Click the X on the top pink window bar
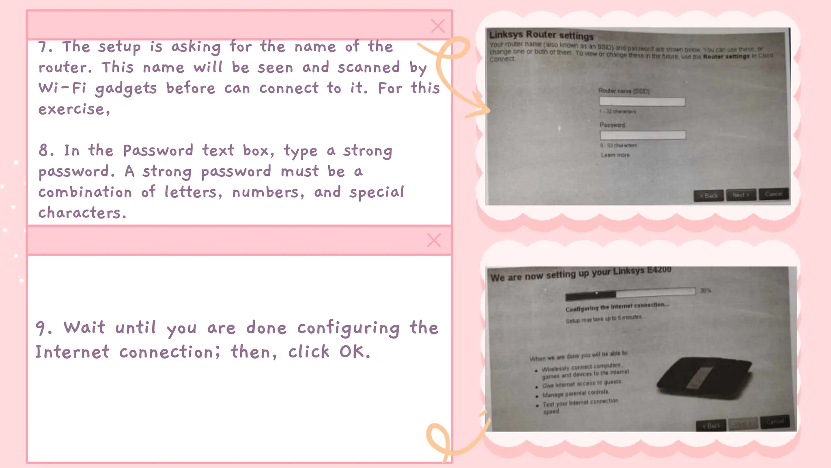tap(438, 26)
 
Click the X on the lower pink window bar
tap(434, 240)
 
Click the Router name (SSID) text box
tap(642, 101)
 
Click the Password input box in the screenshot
tap(643, 135)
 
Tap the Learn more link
tap(615, 155)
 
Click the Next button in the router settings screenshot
tap(741, 195)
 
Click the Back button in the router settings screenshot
tap(708, 196)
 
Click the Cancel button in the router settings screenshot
tap(773, 194)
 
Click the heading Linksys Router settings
tap(541, 35)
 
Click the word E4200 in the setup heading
tap(659, 270)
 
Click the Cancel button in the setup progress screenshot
tap(775, 422)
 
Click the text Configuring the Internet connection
tap(617, 307)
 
